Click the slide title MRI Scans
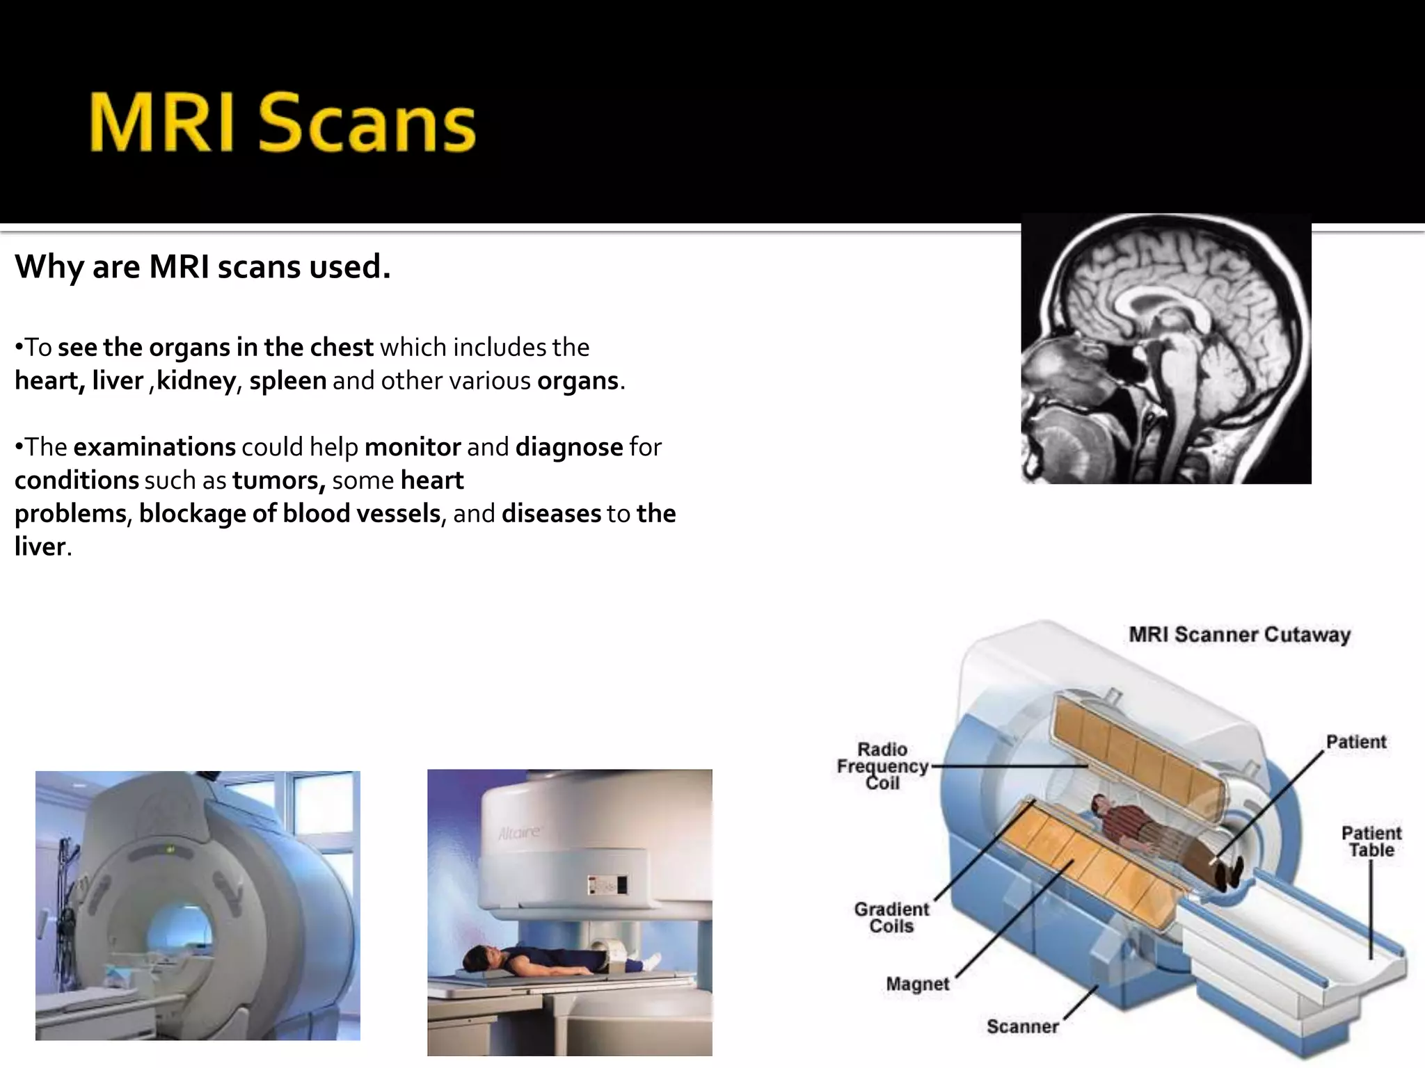coord(282,123)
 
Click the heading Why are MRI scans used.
coord(202,267)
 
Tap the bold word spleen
coord(287,381)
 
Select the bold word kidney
coord(196,381)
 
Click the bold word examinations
coord(154,447)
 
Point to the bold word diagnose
coord(568,447)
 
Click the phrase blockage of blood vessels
coord(289,514)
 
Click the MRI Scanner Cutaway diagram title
coord(1239,635)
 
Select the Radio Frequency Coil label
coord(882,766)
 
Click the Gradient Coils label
coord(891,918)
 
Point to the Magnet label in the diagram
coord(917,984)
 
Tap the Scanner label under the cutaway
coord(1022,1026)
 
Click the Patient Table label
coord(1371,841)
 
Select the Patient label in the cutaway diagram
coord(1355,742)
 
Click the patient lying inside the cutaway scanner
coord(1155,834)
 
